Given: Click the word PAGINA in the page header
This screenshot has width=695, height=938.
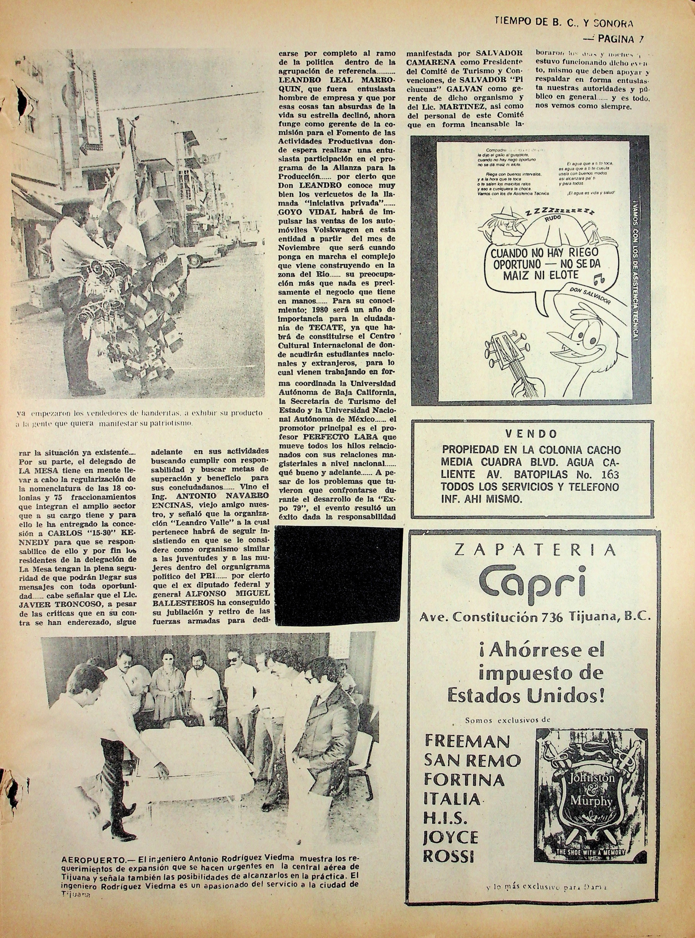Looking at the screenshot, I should coord(616,39).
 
